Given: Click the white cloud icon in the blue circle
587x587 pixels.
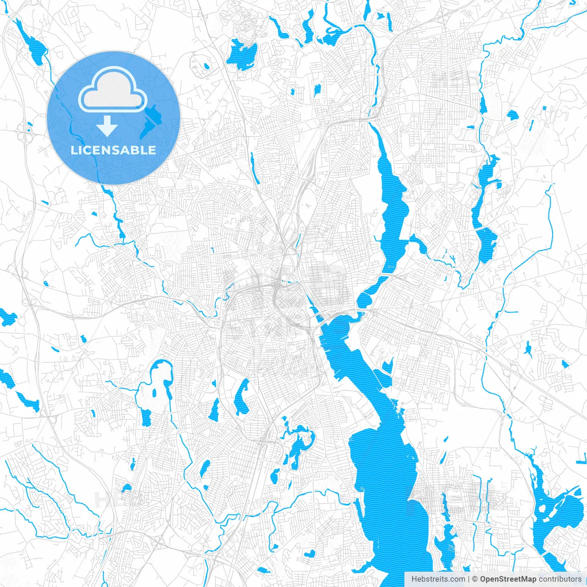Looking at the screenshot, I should (x=113, y=90).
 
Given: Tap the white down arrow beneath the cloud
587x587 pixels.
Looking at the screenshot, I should (x=107, y=126).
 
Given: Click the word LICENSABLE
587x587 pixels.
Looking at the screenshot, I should (x=113, y=150).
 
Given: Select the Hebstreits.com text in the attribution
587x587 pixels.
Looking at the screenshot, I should (x=438, y=579).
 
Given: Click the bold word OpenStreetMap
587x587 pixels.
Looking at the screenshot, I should (x=508, y=579).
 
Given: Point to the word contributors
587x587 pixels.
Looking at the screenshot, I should (x=559, y=579).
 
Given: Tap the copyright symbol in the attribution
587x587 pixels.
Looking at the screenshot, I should (x=475, y=579).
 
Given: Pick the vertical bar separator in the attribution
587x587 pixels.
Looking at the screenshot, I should (x=469, y=579).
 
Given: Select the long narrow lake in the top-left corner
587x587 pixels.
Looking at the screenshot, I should (x=32, y=44).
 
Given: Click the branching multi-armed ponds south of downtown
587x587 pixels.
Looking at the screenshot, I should (x=298, y=443).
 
